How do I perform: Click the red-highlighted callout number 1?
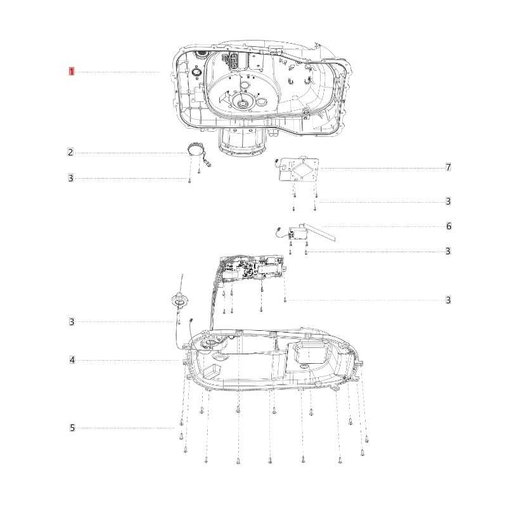coord(72,72)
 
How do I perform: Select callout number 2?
coord(71,152)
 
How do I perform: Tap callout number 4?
coord(72,360)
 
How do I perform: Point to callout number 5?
coord(72,428)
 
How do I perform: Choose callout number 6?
coord(449,226)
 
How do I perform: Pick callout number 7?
coord(448,167)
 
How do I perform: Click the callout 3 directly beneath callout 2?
coord(71,178)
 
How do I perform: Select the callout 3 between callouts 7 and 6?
coord(448,202)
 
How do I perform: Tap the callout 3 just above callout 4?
coord(72,322)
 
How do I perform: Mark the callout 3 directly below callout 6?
coord(448,251)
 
